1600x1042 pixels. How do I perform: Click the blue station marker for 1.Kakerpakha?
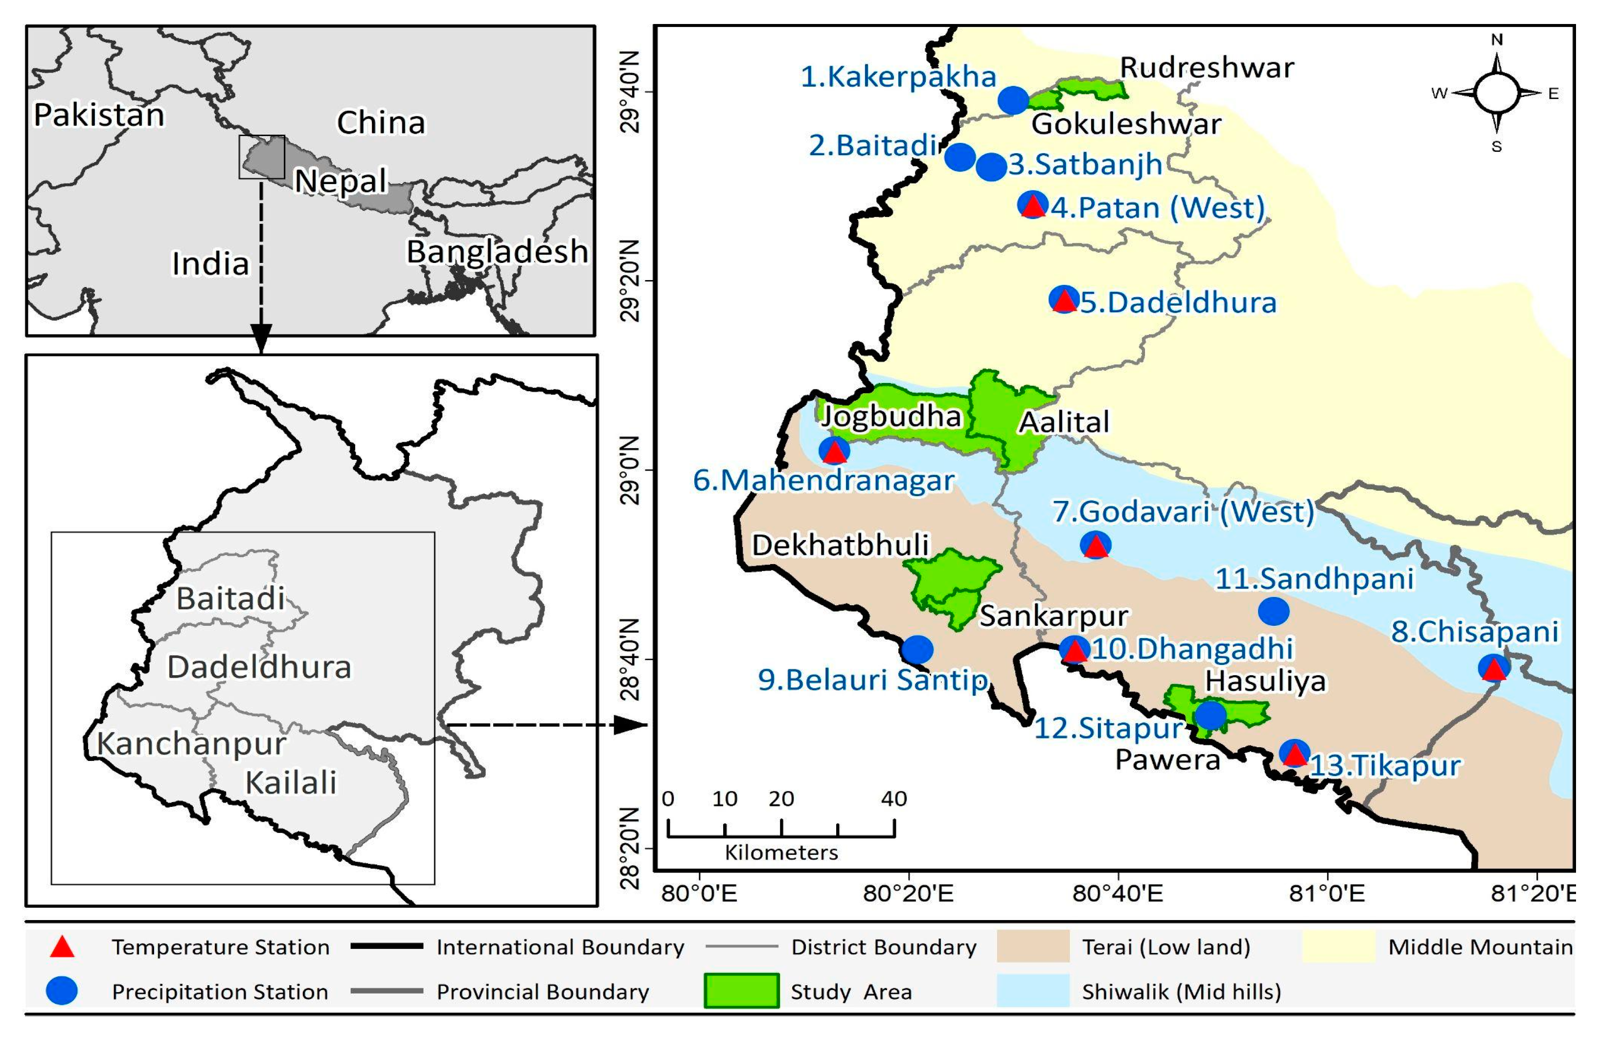(1012, 100)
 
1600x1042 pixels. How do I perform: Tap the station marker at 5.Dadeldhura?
(1064, 299)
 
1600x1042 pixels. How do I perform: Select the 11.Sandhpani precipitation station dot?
(1273, 611)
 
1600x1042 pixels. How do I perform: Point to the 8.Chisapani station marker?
(1494, 667)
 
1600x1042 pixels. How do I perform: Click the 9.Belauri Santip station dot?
(917, 649)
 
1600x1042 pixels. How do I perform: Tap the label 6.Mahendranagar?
(823, 480)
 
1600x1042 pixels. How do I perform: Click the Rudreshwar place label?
(1207, 68)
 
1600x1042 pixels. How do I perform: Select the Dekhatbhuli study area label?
(840, 545)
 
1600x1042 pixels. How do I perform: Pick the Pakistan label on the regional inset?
(99, 115)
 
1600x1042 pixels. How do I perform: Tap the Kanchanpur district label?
(192, 743)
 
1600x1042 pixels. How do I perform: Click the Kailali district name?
(291, 782)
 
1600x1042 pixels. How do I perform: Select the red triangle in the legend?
(63, 947)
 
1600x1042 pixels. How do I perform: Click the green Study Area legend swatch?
(741, 991)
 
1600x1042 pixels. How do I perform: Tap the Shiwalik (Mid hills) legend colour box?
(1032, 991)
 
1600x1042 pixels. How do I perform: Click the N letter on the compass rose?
(1496, 40)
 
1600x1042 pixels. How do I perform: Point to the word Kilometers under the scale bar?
(781, 853)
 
